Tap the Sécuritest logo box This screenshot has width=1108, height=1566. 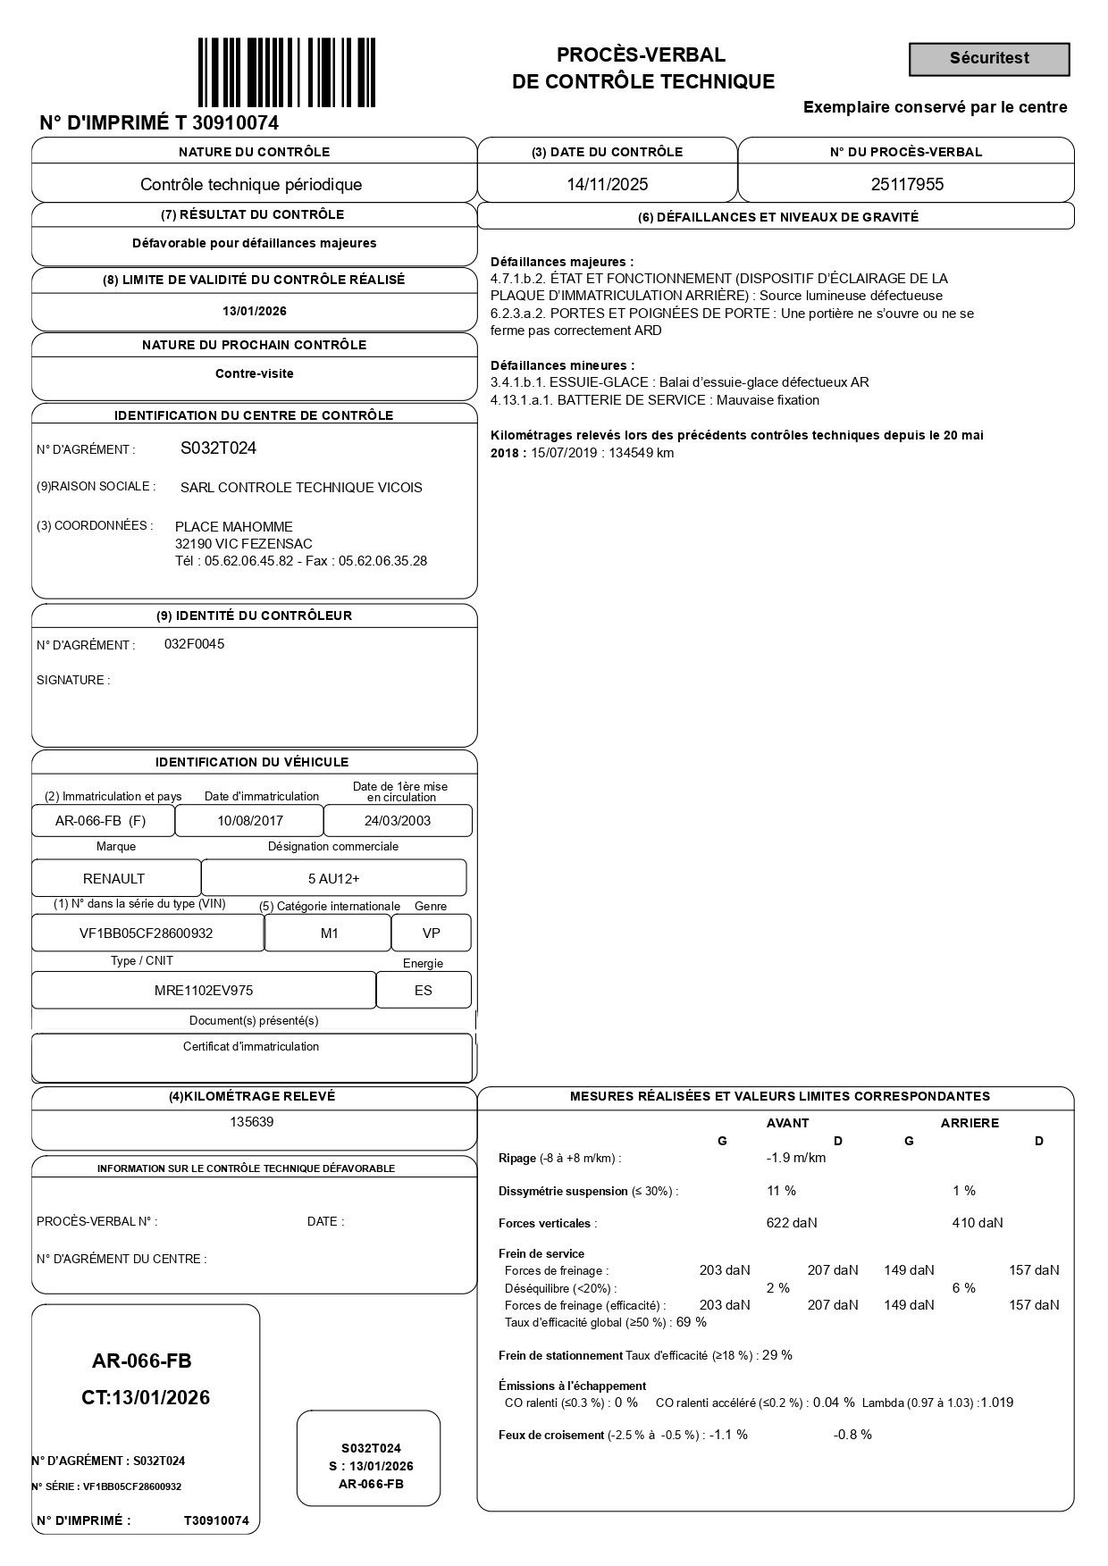pos(989,59)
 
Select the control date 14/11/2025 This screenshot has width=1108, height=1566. pos(608,185)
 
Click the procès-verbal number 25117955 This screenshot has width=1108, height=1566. pos(907,185)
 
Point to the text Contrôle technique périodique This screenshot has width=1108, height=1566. pos(251,185)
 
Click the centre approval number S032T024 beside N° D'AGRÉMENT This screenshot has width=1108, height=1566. pos(218,448)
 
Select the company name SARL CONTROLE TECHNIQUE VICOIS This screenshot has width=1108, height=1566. pos(301,488)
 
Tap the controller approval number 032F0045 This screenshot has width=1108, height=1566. pos(194,644)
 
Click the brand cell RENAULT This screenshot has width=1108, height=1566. pos(113,879)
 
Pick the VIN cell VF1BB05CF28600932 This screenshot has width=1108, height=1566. pos(147,934)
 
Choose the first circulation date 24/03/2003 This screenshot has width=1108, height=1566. pos(398,821)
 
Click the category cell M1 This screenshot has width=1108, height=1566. pos(329,934)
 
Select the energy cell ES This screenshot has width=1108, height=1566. pos(423,990)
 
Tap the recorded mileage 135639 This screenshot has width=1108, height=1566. pos(252,1122)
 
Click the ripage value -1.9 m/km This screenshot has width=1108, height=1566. pos(795,1159)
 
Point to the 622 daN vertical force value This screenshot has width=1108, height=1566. pos(791,1223)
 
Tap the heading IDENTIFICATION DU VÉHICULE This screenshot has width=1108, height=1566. pos(252,762)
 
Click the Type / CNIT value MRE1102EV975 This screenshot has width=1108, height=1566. pos(204,990)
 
